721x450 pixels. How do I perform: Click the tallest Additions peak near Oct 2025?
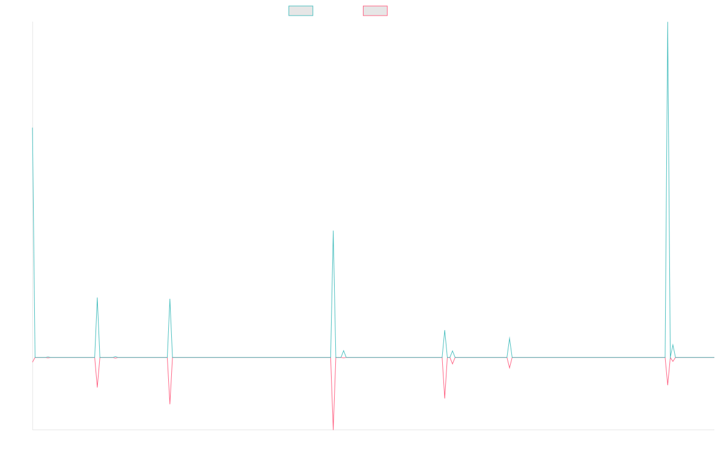point(668,23)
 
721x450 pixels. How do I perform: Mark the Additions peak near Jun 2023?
point(333,231)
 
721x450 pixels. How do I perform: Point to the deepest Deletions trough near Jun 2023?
point(333,429)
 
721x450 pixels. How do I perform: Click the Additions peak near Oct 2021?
point(97,298)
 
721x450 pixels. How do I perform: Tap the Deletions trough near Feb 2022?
point(170,403)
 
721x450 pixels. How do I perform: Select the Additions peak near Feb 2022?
point(170,299)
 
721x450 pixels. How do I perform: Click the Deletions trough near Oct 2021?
point(97,387)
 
